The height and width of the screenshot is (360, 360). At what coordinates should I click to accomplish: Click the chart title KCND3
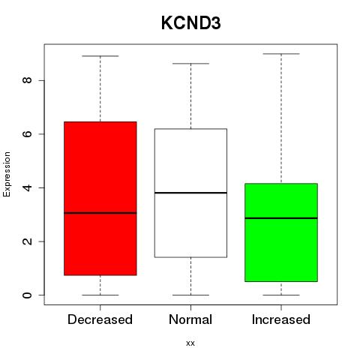tap(191, 23)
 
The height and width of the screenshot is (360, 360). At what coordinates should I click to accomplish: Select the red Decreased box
tap(100, 199)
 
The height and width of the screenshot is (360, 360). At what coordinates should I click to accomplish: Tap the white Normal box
tap(190, 193)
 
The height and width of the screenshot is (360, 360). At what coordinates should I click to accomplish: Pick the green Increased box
tap(281, 232)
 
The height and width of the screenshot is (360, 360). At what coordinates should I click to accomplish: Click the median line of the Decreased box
tap(100, 213)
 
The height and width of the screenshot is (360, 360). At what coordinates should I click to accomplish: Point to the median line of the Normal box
tap(190, 193)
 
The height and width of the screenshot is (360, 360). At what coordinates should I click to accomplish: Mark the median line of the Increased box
tap(281, 218)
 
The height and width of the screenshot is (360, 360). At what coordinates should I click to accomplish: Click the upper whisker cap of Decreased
tap(100, 56)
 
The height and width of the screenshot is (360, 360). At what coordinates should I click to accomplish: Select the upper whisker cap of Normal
tap(190, 64)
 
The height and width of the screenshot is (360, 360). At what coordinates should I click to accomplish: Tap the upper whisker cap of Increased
tap(281, 54)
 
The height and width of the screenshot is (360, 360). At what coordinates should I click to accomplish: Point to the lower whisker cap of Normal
tap(190, 295)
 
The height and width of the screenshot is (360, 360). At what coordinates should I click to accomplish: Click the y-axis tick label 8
tap(27, 80)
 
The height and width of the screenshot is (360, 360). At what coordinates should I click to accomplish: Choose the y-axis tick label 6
tap(27, 134)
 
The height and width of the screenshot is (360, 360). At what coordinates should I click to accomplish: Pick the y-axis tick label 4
tap(27, 187)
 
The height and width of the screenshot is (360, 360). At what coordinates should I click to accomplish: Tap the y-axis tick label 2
tap(27, 241)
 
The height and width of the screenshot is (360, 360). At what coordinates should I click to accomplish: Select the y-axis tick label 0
tap(27, 295)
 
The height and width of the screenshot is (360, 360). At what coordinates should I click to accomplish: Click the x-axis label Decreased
tap(100, 319)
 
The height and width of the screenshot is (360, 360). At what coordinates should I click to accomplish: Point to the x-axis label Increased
tap(281, 319)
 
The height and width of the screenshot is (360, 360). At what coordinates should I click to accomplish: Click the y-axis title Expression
tap(7, 174)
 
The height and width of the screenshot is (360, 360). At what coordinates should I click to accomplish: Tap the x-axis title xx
tap(190, 343)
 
